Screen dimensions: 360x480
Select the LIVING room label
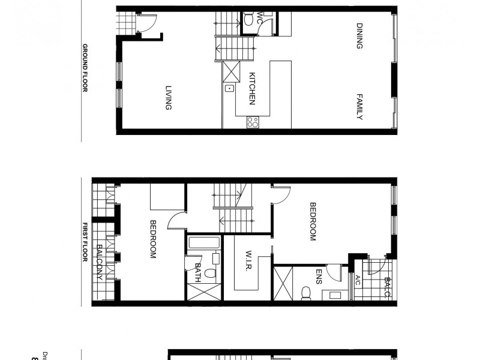[x=169, y=98]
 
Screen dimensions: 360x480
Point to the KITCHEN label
[x=253, y=88]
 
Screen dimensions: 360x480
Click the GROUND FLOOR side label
[x=85, y=67]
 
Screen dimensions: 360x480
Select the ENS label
[x=319, y=277]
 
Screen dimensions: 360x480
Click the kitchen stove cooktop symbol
[x=253, y=122]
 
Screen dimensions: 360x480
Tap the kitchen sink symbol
[x=229, y=89]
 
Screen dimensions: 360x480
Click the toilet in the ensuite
[x=306, y=292]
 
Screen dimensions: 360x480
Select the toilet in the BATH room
[x=209, y=273]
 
